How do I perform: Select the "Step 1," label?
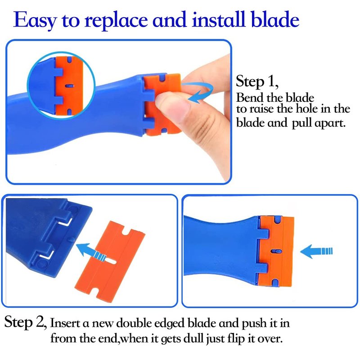pyautogui.click(x=257, y=81)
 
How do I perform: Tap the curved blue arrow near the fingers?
pyautogui.click(x=200, y=92)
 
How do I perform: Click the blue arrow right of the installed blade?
pyautogui.click(x=316, y=251)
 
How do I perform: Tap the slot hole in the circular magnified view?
pyautogui.click(x=69, y=86)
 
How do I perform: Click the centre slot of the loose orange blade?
pyautogui.click(x=112, y=262)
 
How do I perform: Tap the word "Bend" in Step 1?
pyautogui.click(x=250, y=97)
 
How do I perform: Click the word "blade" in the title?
pyautogui.click(x=275, y=19)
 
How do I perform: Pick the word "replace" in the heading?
pyautogui.click(x=116, y=21)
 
